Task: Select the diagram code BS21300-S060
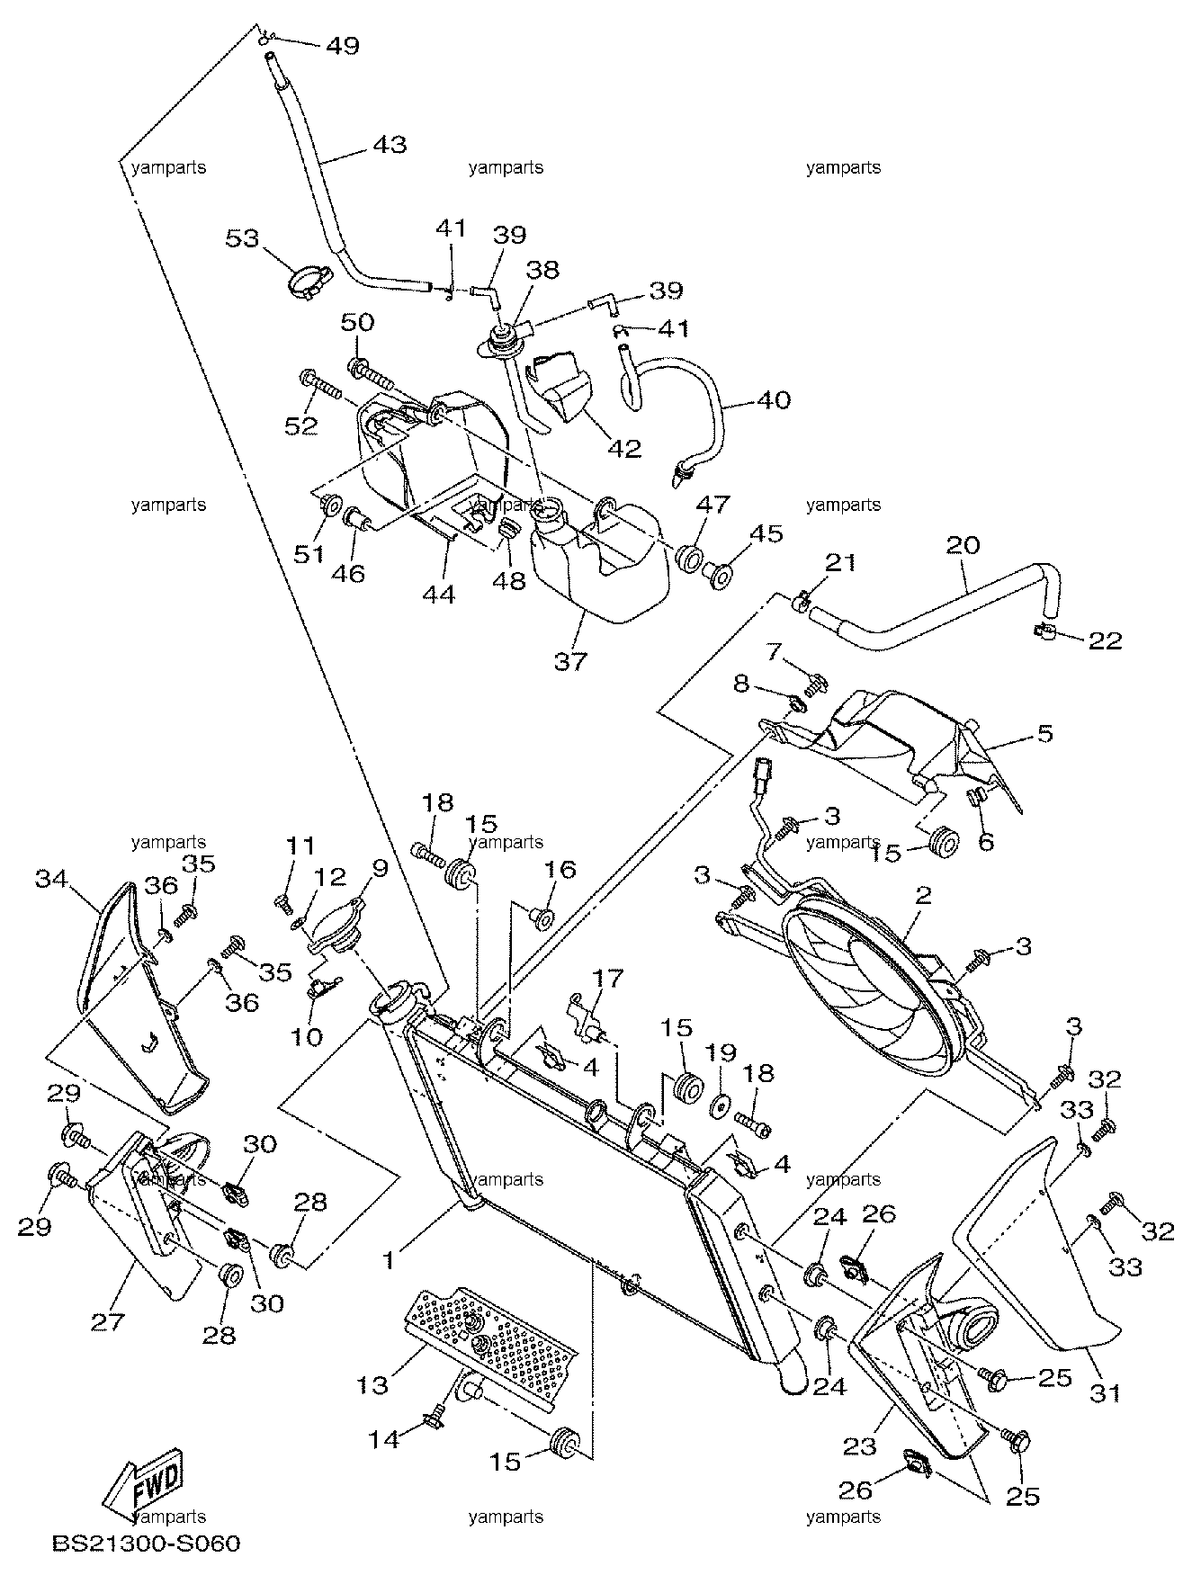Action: coord(147,1547)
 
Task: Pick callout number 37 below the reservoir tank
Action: coord(570,661)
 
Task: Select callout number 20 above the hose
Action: coord(964,545)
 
